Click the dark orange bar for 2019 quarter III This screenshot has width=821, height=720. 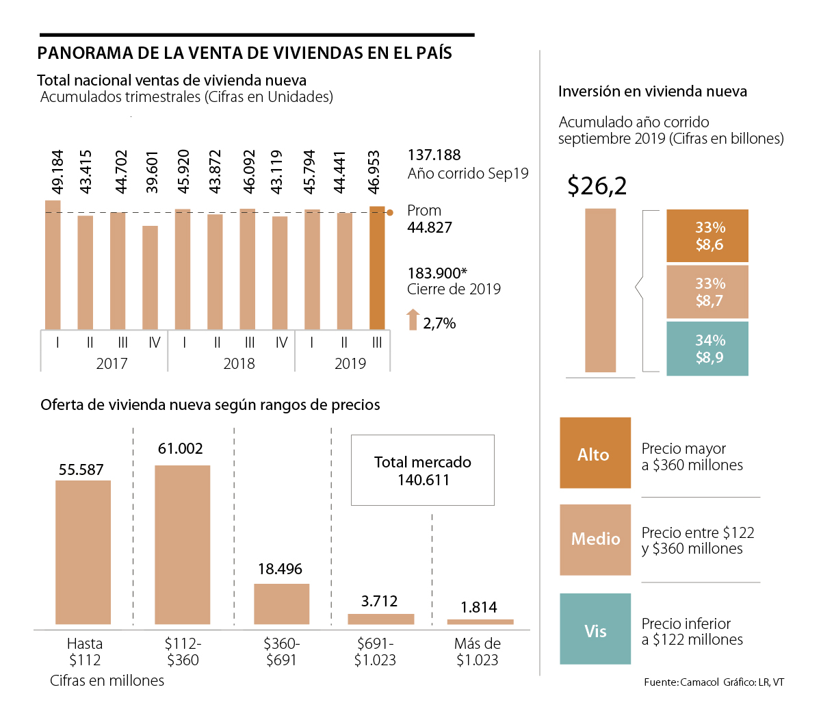click(377, 268)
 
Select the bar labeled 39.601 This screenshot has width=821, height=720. click(151, 278)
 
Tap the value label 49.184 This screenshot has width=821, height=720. click(57, 172)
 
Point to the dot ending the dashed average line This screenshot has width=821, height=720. click(390, 213)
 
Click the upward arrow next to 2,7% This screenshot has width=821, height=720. click(413, 320)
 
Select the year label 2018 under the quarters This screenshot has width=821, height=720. click(239, 363)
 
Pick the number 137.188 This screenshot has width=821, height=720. click(434, 155)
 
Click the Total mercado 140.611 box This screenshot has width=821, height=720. click(423, 471)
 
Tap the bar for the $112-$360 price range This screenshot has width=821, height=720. click(182, 545)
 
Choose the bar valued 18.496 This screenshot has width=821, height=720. click(281, 604)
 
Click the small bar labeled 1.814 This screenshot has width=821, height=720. click(480, 621)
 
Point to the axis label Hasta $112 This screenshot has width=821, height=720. click(85, 652)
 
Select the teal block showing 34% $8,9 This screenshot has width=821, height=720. click(707, 348)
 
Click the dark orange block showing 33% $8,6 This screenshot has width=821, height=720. click(707, 236)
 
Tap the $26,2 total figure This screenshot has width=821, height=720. click(597, 185)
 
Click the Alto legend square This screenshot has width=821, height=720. click(595, 453)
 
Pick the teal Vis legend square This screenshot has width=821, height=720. click(595, 629)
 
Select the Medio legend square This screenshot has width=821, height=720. click(595, 539)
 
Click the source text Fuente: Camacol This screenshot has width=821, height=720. click(681, 682)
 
